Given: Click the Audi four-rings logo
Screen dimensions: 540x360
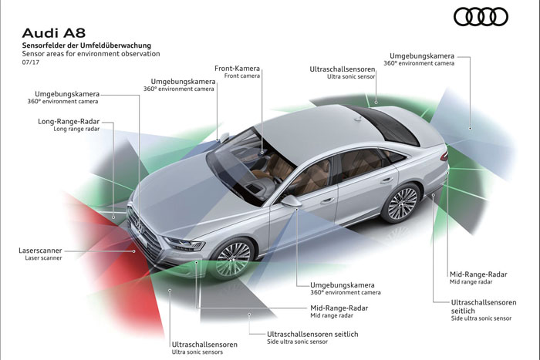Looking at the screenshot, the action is tap(481, 17).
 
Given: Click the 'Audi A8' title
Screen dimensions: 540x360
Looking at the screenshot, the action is tap(54, 33).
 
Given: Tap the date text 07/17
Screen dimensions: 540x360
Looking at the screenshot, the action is tap(31, 62).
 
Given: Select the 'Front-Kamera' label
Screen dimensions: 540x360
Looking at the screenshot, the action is tap(237, 68).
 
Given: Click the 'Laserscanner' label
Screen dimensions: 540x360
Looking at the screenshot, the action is tap(40, 251).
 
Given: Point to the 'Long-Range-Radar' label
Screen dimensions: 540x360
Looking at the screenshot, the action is tap(69, 122).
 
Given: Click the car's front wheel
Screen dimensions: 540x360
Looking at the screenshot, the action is tap(233, 257).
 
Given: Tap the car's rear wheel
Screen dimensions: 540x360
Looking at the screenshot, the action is tap(402, 204).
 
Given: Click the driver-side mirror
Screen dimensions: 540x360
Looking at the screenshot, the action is tap(292, 200).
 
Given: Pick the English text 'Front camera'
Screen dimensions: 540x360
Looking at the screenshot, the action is tap(241, 76).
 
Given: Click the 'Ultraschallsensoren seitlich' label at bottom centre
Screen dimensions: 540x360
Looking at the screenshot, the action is tap(312, 335).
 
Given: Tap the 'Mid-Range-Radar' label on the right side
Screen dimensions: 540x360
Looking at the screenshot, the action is tap(478, 274).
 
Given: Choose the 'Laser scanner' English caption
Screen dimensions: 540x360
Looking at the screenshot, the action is tap(43, 257).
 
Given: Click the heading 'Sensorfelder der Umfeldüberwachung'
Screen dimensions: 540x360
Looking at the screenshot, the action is tap(86, 45).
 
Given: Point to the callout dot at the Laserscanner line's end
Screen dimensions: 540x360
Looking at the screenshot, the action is tap(134, 251).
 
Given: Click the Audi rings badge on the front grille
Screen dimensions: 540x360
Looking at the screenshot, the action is tap(140, 226).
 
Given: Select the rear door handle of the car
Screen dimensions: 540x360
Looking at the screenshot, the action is tap(386, 180).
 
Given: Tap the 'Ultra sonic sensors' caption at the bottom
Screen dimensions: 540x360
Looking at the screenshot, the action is tap(197, 352).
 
